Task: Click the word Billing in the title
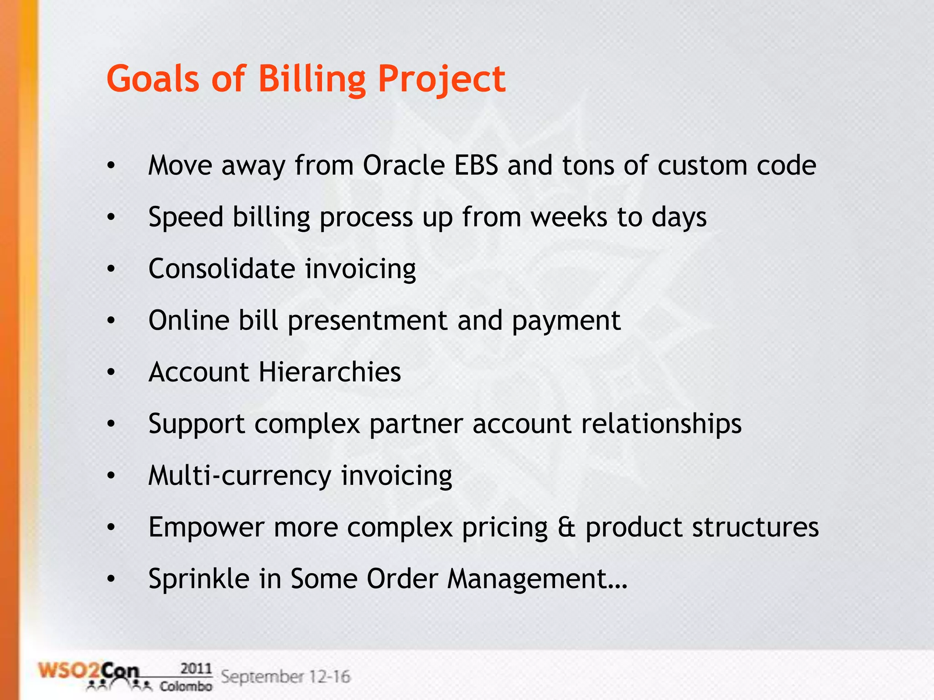pos(312,78)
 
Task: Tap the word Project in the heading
pos(441,78)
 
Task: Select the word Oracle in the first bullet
pos(404,165)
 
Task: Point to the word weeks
pos(569,217)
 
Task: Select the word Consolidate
pos(221,268)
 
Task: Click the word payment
pos(566,320)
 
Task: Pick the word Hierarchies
pos(330,372)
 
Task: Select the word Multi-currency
pos(240,475)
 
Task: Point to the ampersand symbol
pos(566,527)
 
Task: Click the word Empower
pos(206,527)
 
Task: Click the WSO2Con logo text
pos(88,671)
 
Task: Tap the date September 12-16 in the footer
pos(285,676)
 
